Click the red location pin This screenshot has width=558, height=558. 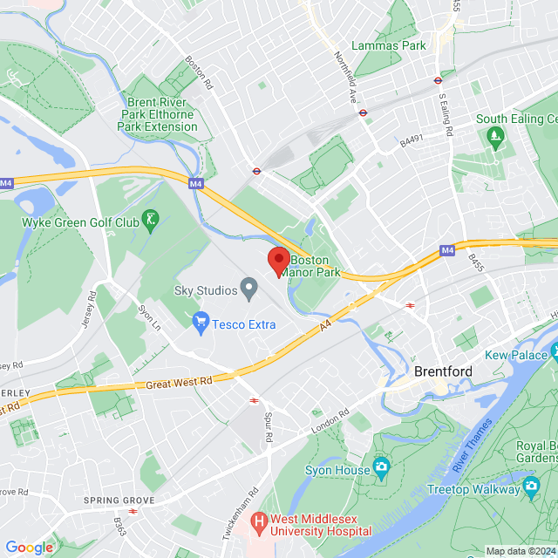(278, 261)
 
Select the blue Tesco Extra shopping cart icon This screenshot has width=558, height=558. (201, 323)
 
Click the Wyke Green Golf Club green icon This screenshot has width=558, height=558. (152, 221)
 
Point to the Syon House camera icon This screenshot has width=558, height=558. (381, 468)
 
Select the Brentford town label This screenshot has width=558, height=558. (443, 371)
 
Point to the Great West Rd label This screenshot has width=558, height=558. (179, 382)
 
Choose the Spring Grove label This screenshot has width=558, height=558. (119, 500)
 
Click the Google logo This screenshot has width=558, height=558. (29, 547)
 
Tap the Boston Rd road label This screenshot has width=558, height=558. (199, 74)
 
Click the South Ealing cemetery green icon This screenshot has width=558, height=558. (496, 135)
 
